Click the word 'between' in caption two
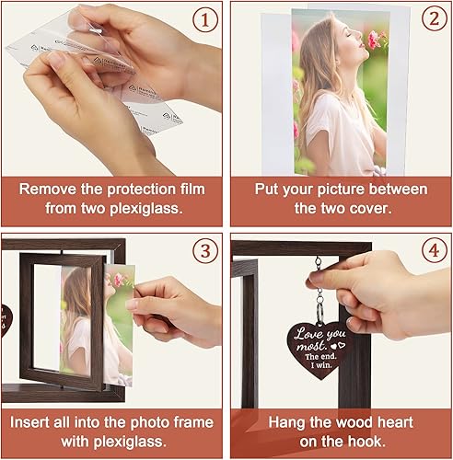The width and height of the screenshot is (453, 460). click(x=399, y=190)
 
